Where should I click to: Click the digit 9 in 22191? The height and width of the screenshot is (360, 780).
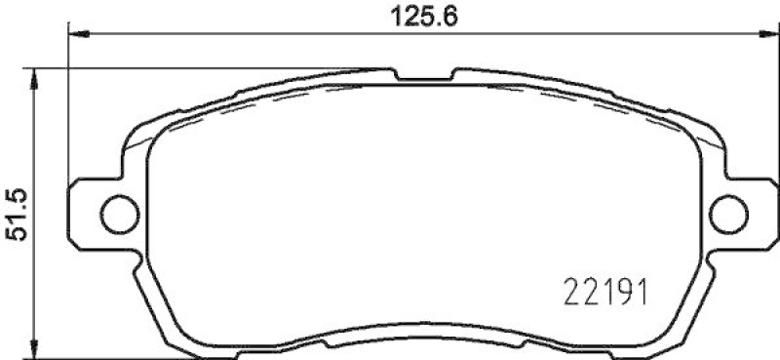click(617, 290)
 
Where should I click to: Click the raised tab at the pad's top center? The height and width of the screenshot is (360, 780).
click(422, 75)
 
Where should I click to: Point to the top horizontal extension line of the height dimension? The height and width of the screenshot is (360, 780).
click(195, 68)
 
